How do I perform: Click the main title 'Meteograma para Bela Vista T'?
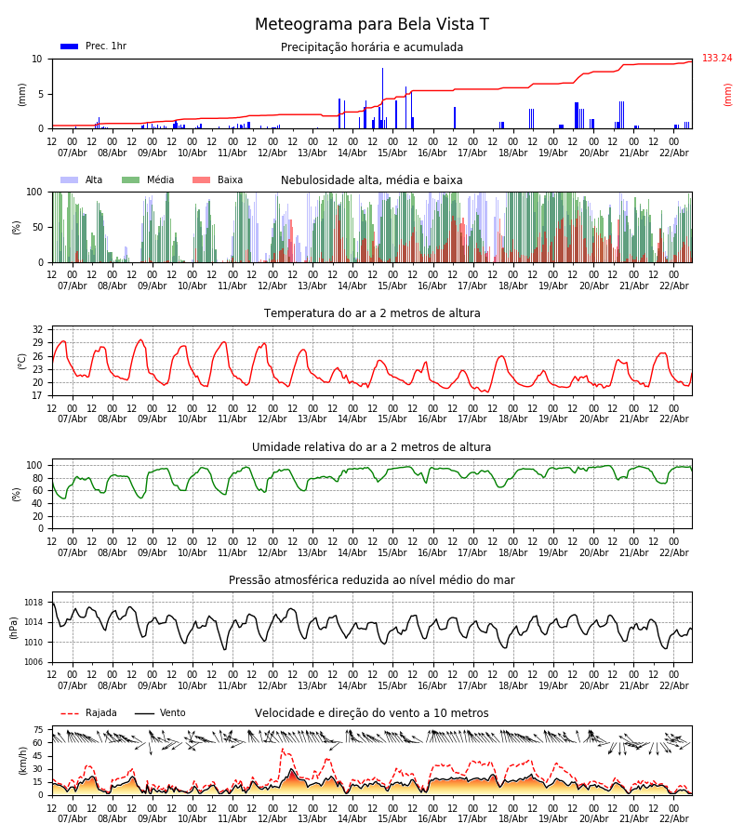point(372,25)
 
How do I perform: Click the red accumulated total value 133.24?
point(716,59)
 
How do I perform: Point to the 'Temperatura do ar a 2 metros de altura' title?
point(372,313)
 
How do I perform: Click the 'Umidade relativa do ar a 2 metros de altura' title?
point(372,447)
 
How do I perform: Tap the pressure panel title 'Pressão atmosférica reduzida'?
point(372,580)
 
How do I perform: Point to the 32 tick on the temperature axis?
point(37,330)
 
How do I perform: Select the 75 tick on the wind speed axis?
point(38,730)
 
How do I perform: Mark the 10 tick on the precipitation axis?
point(38,59)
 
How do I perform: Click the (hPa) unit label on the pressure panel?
point(14,627)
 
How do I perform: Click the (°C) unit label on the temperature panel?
point(22,361)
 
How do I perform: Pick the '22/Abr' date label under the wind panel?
point(673,818)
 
